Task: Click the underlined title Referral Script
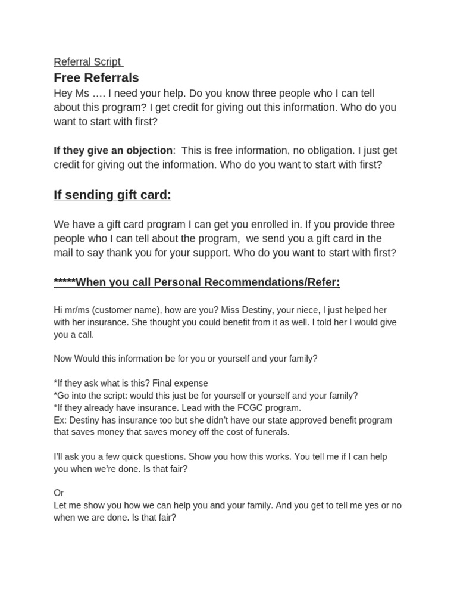tap(87, 62)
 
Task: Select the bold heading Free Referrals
tap(96, 77)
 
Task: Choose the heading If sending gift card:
tap(112, 195)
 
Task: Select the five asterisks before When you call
tap(64, 282)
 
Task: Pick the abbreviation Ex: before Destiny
tap(60, 420)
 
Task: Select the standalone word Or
tap(59, 493)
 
